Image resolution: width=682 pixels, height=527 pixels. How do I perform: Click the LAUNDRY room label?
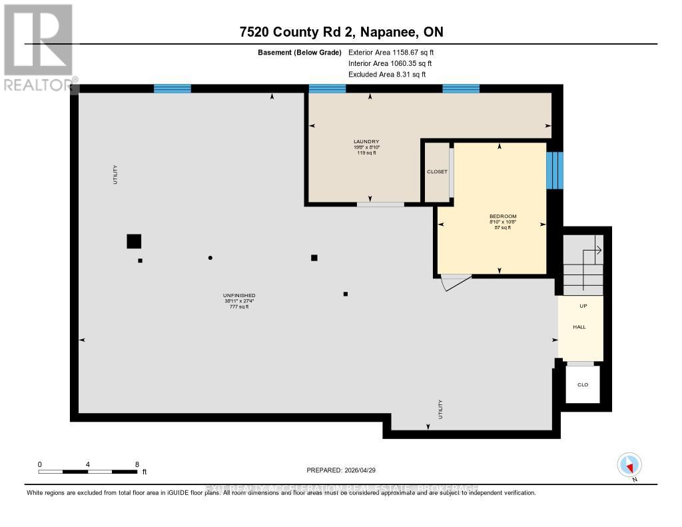coord(366,141)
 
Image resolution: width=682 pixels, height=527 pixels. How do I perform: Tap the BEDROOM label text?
coord(503,217)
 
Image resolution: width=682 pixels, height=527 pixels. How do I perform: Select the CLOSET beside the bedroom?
coord(437,172)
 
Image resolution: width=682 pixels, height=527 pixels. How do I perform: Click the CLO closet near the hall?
coord(583,384)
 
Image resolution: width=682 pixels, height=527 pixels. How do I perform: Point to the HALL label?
coord(579,327)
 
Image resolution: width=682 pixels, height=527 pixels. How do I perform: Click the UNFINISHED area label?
coord(239,296)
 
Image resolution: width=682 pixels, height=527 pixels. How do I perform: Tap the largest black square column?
coord(134,241)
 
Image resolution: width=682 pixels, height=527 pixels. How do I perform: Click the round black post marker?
coord(210,258)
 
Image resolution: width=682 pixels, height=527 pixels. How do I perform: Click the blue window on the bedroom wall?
coord(554,171)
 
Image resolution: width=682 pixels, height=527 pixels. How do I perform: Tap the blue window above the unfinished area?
coord(172,88)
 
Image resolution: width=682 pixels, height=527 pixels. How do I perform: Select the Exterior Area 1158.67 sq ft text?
coord(391,52)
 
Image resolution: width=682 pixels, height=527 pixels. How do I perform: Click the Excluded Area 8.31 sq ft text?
coord(386,75)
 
